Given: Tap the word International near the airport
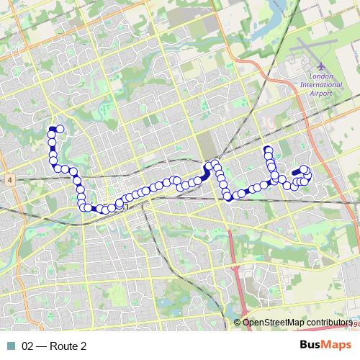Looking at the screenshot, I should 321,84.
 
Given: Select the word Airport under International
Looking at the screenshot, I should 321,94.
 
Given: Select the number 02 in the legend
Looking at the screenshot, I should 28,346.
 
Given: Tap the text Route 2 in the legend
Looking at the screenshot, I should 68,346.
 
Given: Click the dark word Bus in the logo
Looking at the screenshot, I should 310,346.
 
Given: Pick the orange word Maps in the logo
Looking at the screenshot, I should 336,346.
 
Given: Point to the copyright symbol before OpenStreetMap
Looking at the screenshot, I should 238,323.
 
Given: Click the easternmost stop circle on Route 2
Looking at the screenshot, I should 307,174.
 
